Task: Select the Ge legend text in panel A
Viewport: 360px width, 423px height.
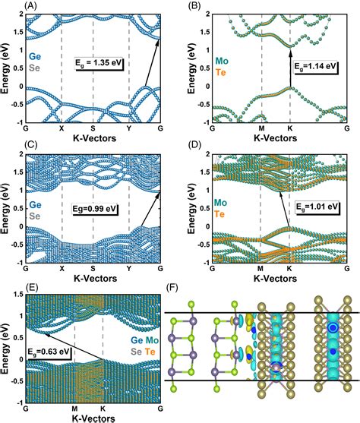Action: tap(36, 55)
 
